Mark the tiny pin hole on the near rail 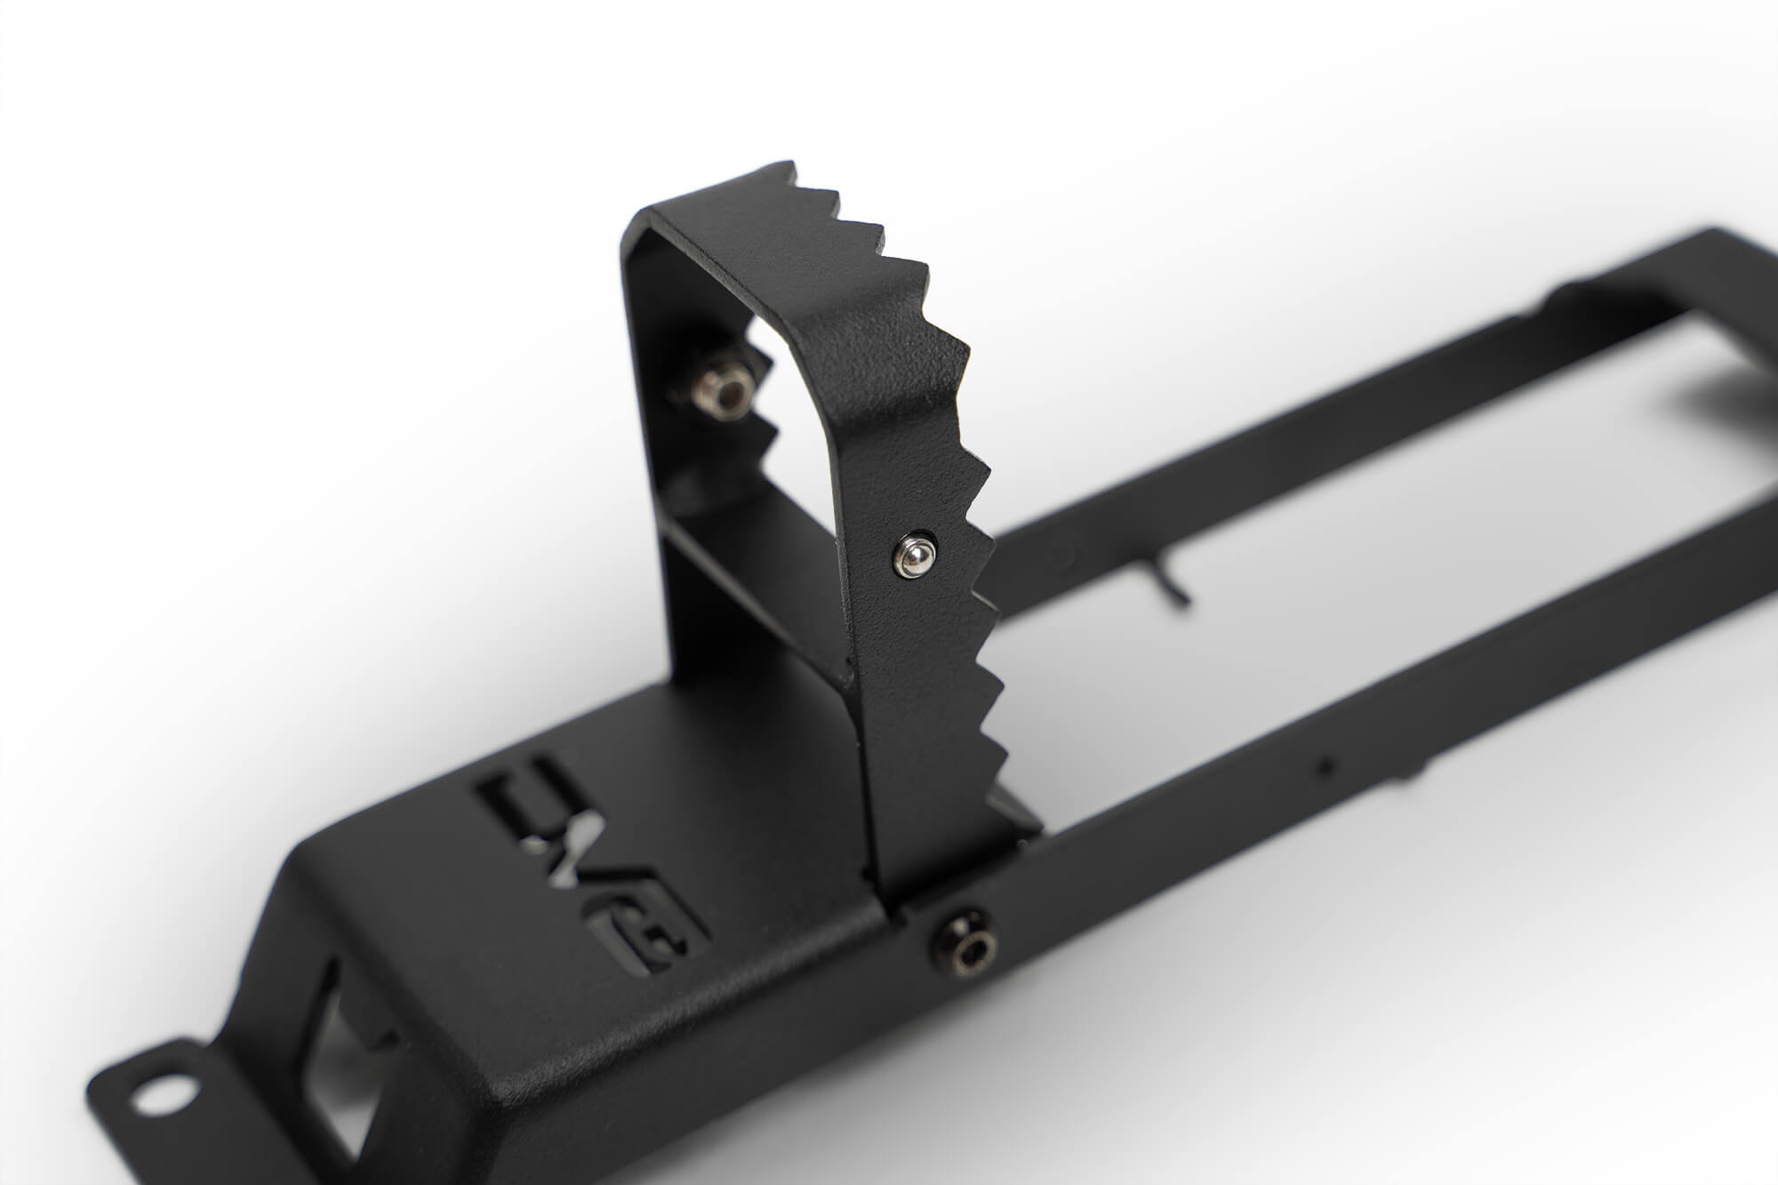pos(1328,763)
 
